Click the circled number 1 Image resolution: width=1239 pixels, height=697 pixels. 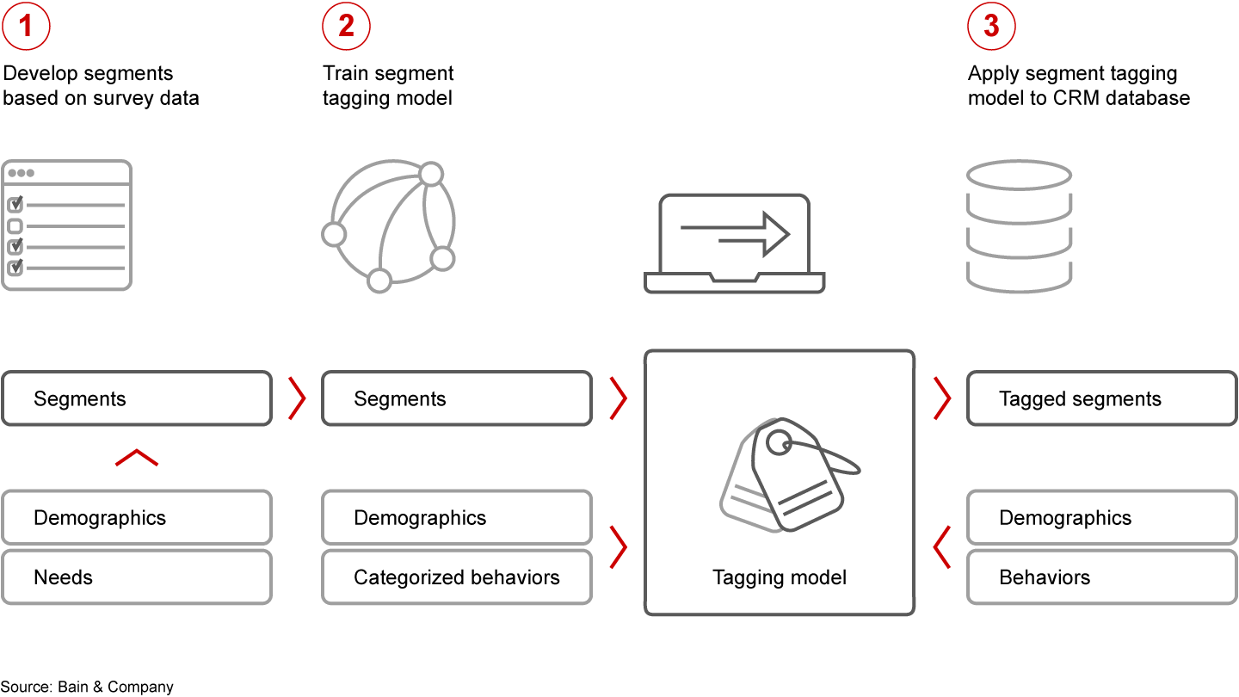coord(26,26)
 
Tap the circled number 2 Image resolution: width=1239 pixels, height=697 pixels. coord(346,26)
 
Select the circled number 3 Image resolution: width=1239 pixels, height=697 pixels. coord(991,26)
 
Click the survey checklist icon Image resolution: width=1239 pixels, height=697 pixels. coord(66,225)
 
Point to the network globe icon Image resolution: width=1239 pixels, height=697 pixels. coord(387,225)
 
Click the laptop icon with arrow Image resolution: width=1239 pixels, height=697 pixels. coord(734,243)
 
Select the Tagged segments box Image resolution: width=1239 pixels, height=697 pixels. coord(1101,398)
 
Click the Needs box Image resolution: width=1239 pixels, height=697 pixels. coord(136,577)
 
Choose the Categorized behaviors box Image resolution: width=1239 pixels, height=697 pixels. coord(456,577)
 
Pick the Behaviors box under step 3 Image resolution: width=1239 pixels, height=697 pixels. coord(1101,577)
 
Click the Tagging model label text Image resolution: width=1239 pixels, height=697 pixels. coord(780,577)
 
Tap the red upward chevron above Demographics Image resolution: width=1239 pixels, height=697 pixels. coord(137,458)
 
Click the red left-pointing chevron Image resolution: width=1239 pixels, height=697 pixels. coord(942,547)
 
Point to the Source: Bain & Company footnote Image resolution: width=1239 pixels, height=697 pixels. coord(87,687)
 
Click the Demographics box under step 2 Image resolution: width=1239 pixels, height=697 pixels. coord(456,517)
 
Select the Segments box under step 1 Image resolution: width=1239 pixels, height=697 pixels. coord(136,398)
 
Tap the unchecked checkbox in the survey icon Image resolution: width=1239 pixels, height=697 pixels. coord(15,226)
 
